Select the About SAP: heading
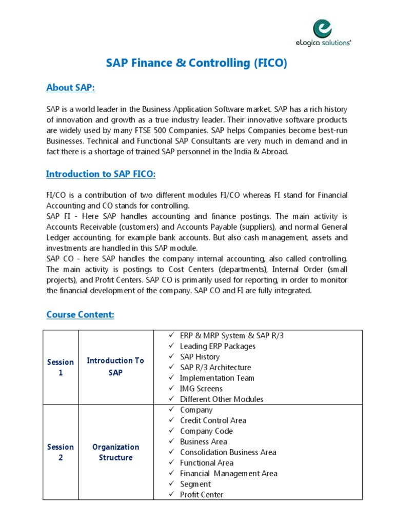(71, 88)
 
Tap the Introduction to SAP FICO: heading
(101, 174)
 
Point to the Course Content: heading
(80, 314)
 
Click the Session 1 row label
(61, 367)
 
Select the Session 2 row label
(61, 452)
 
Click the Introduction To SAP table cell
(115, 367)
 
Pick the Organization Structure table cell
(115, 452)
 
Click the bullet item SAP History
(200, 357)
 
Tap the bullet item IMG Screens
(201, 389)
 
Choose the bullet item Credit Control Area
(213, 420)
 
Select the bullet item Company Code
(206, 431)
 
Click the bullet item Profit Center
(202, 495)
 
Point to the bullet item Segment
(195, 484)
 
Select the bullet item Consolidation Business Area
(228, 452)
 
